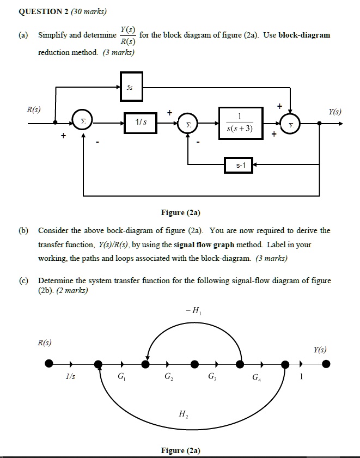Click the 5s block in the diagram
pos(131,87)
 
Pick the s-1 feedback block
pos(239,164)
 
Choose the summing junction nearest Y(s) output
pos(291,124)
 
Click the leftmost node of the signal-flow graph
pos(49,363)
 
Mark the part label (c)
pos(23,281)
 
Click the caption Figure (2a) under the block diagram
pos(180,213)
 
